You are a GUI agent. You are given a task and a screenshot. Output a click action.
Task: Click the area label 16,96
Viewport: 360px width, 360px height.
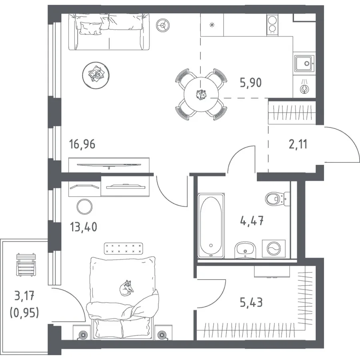coord(82,144)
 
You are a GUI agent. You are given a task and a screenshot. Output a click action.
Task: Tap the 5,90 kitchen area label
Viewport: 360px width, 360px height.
coord(251,83)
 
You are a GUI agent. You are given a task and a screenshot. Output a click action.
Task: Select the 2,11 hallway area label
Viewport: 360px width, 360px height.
coord(298,144)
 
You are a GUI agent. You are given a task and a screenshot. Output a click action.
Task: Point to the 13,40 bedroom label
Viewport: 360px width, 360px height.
coord(84,227)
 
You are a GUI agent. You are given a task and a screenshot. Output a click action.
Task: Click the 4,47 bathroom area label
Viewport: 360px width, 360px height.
coord(252,220)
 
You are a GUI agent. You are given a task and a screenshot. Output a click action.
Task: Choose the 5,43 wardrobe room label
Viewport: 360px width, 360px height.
coord(251,302)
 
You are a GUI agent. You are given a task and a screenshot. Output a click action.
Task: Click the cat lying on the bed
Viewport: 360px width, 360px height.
coord(126,288)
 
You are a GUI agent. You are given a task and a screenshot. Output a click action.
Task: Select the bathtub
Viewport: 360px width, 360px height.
coord(211,226)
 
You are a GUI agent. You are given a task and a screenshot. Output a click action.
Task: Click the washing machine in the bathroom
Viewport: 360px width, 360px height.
coord(274,249)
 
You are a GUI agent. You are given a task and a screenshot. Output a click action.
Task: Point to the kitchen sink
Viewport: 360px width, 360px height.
coord(304,63)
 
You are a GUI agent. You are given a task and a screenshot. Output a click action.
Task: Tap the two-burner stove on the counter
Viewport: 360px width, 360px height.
coord(272,25)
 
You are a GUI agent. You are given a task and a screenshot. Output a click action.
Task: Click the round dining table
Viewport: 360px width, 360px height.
coord(201,94)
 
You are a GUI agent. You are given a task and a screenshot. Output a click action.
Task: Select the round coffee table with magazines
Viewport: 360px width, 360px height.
coord(96,75)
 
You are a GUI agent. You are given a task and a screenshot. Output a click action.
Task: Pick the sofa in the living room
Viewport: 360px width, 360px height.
coord(109,32)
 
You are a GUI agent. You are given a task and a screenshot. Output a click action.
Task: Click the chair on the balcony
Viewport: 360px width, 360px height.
coord(26,264)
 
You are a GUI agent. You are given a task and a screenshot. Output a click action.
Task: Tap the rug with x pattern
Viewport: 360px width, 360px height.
coord(123,249)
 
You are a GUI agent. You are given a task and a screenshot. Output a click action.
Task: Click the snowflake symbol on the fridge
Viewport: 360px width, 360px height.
coord(212,25)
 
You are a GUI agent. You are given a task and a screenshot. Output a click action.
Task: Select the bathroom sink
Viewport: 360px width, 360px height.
coord(245,250)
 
